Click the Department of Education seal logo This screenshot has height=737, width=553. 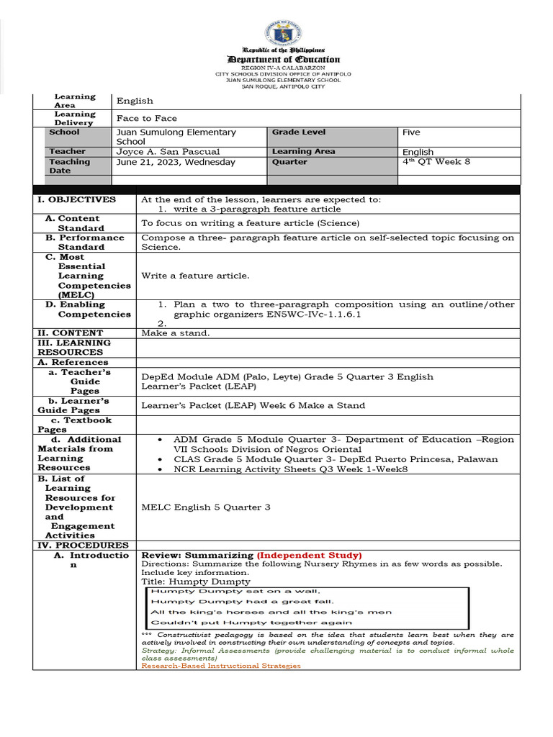[283, 32]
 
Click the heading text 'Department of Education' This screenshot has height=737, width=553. [283, 60]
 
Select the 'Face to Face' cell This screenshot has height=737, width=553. [147, 118]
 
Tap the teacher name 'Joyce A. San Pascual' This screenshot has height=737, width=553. [168, 152]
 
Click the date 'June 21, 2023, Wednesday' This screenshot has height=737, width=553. [176, 163]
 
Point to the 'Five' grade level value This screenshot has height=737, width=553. [411, 132]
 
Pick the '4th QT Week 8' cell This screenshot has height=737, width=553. [436, 162]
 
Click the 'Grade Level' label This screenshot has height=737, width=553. [298, 132]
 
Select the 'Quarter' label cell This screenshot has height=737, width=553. [289, 163]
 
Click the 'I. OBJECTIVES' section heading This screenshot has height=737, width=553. [76, 199]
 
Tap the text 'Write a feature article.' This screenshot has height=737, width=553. [195, 276]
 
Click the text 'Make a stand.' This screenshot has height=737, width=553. [175, 333]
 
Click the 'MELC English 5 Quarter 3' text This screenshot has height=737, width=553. [206, 507]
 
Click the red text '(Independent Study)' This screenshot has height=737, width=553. [310, 556]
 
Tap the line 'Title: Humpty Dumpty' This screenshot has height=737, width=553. [195, 582]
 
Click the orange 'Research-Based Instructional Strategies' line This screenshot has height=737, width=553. [221, 666]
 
